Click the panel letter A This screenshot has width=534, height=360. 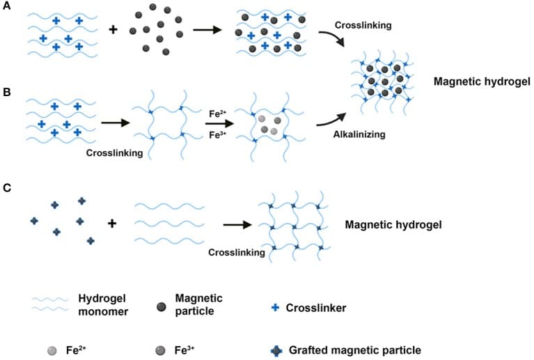coord(6,7)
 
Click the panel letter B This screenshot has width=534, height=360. coord(6,92)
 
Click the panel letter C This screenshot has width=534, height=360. coord(6,187)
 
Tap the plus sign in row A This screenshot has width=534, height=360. coord(112,29)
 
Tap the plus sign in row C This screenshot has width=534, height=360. coord(111,223)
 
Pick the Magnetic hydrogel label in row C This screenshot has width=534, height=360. coord(393,226)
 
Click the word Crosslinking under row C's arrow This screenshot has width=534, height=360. coord(237,252)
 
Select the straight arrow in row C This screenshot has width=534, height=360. coord(237,225)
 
